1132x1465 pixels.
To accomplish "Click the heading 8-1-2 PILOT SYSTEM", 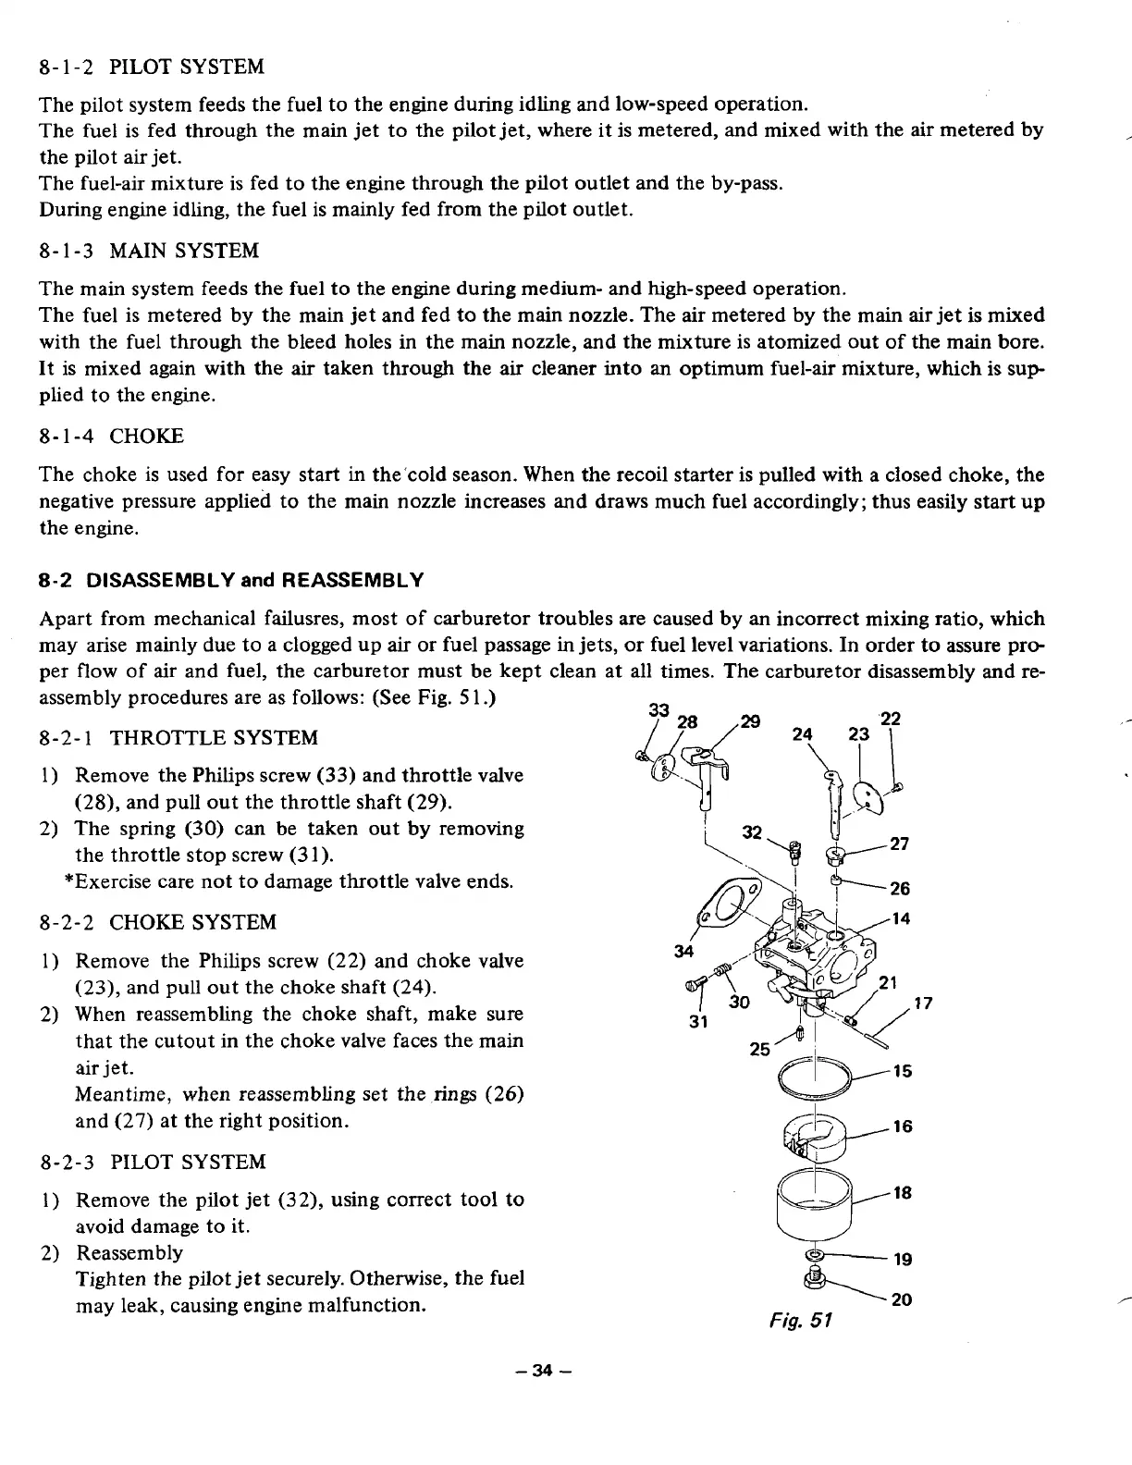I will (153, 67).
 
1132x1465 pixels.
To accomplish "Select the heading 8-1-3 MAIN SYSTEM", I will (150, 251).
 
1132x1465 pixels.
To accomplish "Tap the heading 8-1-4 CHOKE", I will (112, 436).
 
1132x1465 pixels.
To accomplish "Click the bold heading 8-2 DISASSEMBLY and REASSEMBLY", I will (232, 580).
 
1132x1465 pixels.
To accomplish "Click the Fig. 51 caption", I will (809, 1320).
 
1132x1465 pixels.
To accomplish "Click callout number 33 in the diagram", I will (658, 710).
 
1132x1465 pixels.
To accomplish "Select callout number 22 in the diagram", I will (889, 718).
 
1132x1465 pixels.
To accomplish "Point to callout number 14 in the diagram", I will (902, 918).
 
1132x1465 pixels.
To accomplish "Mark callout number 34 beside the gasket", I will (683, 952).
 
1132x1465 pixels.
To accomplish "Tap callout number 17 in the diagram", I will (923, 1002).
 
